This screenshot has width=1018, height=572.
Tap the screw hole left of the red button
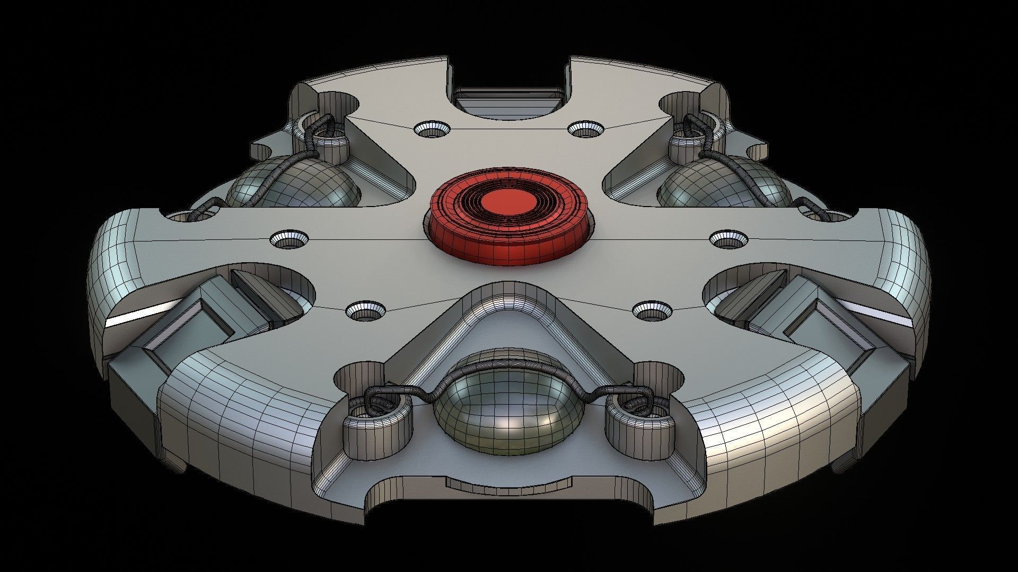[x=289, y=239]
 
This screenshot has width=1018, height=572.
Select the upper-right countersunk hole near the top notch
[x=585, y=128]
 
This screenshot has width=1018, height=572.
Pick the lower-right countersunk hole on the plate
[x=652, y=310]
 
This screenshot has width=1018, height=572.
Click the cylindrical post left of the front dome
[x=378, y=424]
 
